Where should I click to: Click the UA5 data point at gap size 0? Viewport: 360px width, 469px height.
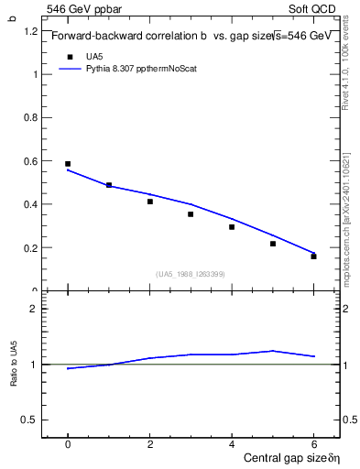(x=68, y=164)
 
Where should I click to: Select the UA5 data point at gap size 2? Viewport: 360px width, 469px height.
(x=150, y=202)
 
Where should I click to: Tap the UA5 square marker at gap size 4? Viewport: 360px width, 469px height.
(x=232, y=227)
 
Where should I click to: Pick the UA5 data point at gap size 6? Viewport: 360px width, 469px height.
(x=313, y=256)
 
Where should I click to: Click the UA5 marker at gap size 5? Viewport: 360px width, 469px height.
(x=273, y=244)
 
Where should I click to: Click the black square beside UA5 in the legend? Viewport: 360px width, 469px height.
(x=69, y=56)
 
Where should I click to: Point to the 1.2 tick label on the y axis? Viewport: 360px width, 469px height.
(x=30, y=31)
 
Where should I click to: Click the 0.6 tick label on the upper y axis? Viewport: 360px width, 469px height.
(x=30, y=161)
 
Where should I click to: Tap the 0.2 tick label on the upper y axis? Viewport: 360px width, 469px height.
(x=30, y=248)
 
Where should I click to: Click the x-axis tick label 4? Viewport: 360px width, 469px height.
(x=232, y=444)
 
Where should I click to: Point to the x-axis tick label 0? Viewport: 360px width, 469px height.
(x=68, y=444)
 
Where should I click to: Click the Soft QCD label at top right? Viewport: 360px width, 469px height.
(x=317, y=10)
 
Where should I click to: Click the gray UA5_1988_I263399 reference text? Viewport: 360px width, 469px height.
(x=191, y=274)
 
